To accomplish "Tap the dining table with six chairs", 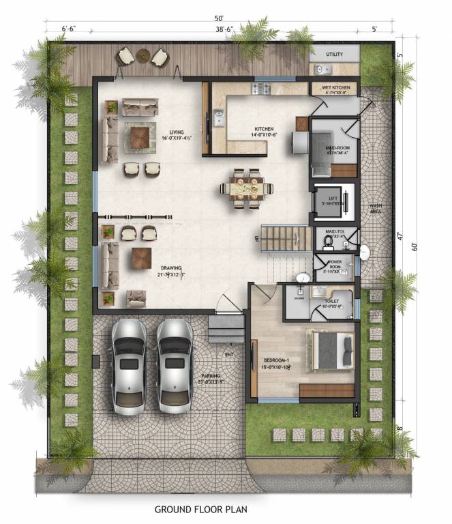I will click(245, 186).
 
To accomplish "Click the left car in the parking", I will click(128, 366).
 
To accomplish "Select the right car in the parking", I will click(175, 366).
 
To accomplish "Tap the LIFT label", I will click(333, 197).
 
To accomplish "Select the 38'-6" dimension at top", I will click(224, 31).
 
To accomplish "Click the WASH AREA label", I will click(375, 208).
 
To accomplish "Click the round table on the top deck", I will click(143, 55).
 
